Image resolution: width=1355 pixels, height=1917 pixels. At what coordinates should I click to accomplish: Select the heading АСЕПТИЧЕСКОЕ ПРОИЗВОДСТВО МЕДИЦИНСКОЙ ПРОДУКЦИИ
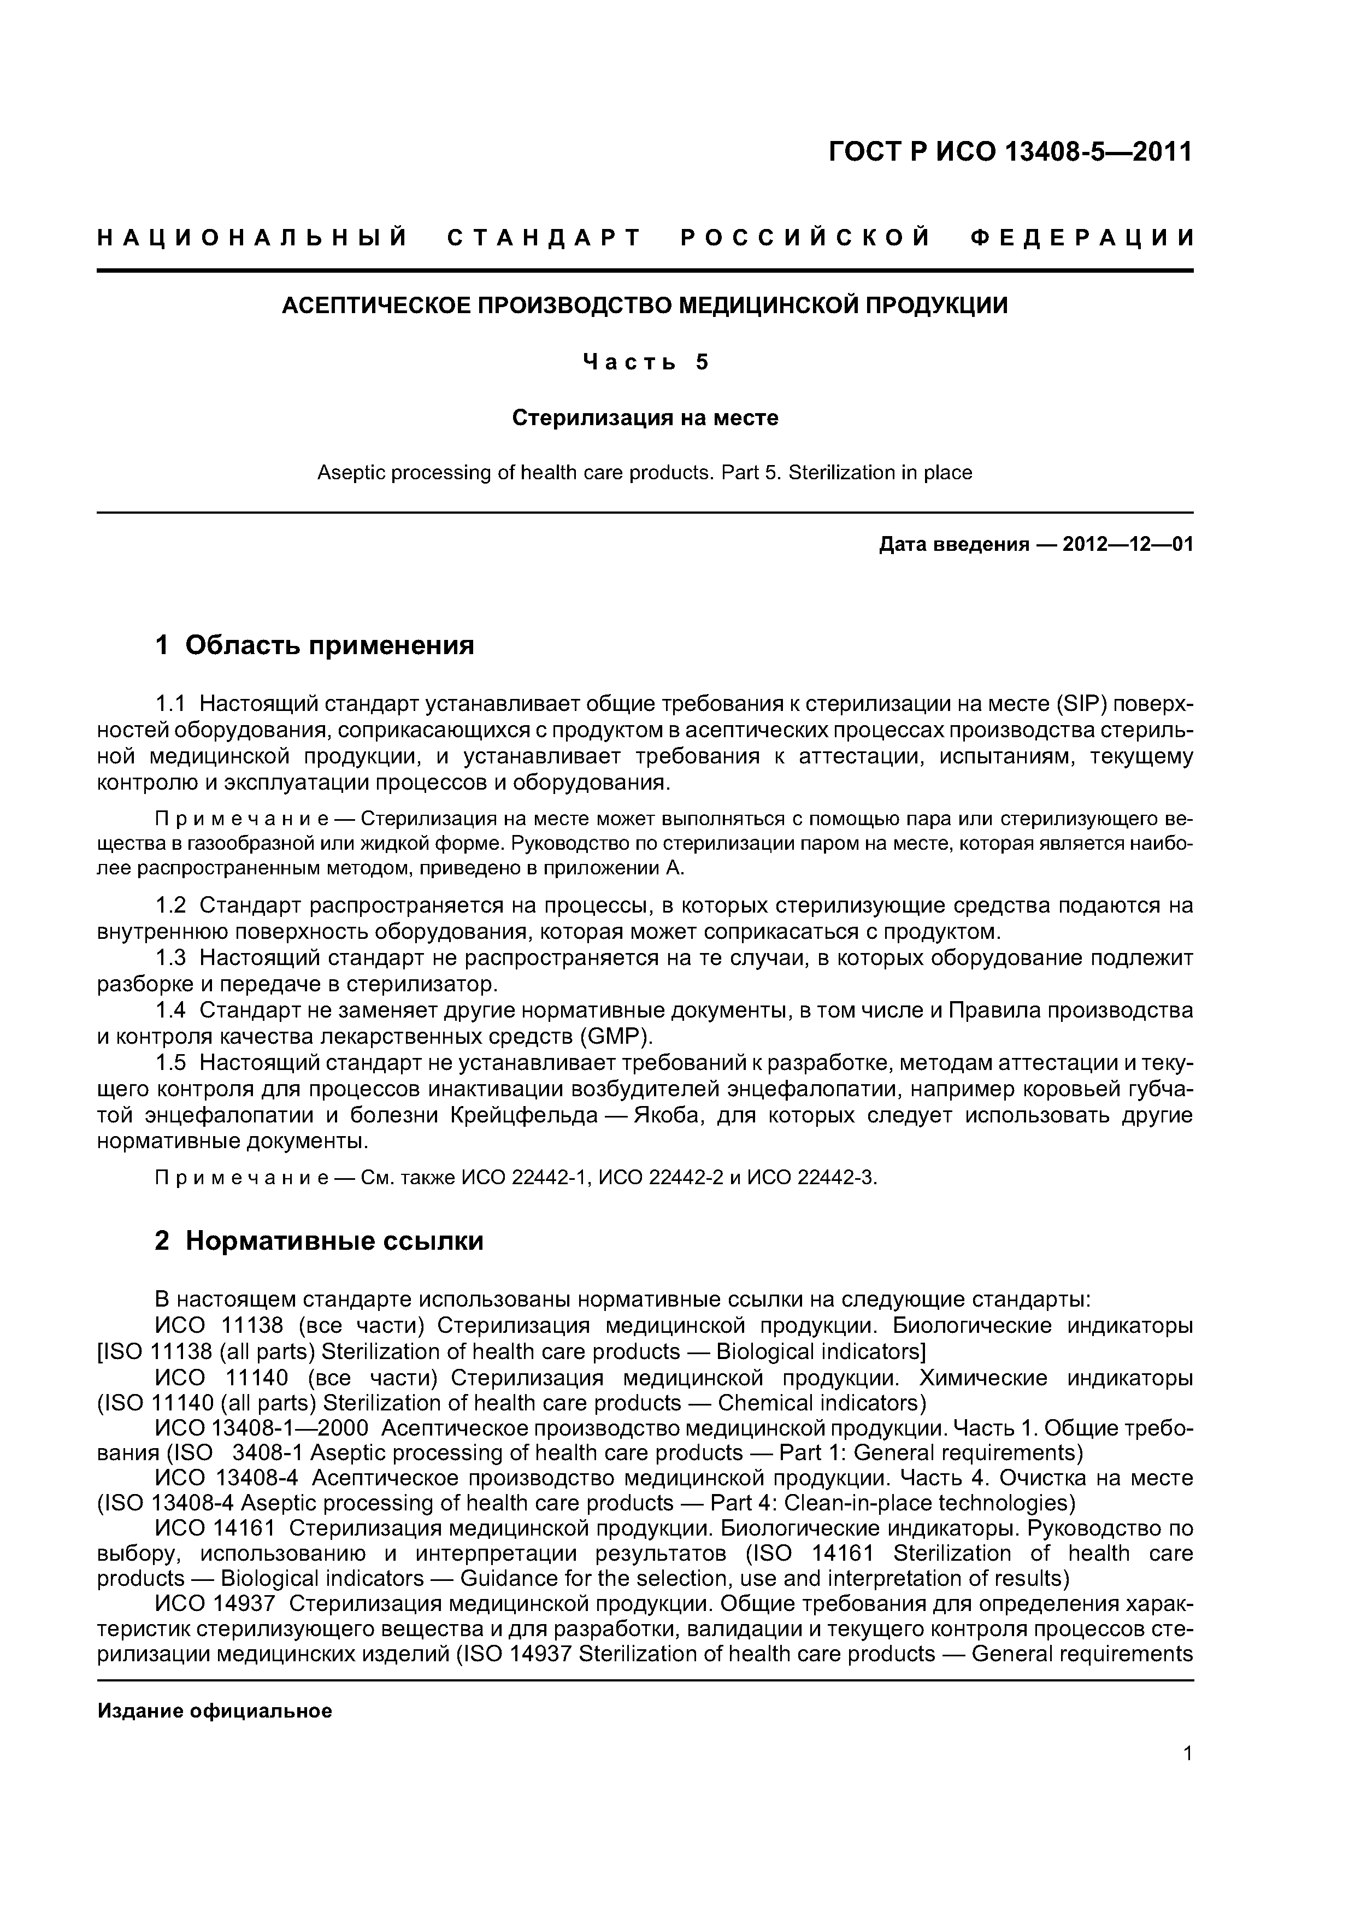coord(645,305)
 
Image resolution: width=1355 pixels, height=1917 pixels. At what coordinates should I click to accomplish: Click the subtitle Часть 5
coord(645,362)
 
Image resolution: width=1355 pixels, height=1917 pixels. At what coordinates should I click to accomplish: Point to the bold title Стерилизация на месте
coord(645,417)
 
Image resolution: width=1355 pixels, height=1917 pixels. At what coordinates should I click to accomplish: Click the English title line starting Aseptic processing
coord(645,473)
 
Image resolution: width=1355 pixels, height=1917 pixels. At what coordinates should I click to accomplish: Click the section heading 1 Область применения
coord(315,645)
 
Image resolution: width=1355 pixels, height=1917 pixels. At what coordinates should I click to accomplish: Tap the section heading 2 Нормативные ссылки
coord(319,1242)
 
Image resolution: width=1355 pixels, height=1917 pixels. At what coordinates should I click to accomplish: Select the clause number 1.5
coord(172,1063)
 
